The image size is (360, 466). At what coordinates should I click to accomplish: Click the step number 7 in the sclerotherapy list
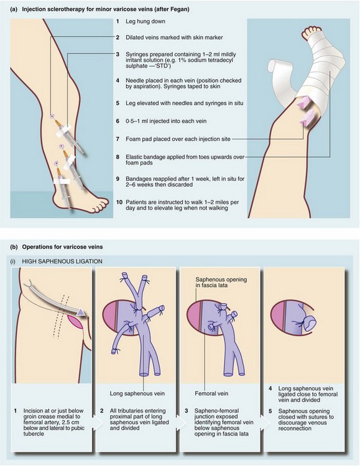(118, 139)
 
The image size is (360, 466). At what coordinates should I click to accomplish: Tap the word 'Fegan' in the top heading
(180, 9)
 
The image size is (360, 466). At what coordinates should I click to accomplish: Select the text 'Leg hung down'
(145, 21)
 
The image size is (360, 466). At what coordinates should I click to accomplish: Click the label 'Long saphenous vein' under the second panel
(137, 393)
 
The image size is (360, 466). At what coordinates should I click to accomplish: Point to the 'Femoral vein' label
(211, 393)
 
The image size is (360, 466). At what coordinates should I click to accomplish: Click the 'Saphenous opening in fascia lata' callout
(221, 282)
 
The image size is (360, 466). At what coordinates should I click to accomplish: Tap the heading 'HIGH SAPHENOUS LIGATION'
(62, 262)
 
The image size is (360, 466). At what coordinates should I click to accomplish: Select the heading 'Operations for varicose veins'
(62, 247)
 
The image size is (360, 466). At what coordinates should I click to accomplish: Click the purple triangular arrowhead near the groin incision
(80, 312)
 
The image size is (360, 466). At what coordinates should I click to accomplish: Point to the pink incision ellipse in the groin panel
(75, 322)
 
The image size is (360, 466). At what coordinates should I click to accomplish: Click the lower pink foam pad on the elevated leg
(308, 119)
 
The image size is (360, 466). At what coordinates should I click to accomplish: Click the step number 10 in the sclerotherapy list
(119, 203)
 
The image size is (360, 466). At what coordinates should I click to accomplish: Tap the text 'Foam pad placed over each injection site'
(178, 139)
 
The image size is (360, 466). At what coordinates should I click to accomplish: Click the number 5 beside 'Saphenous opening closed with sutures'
(270, 411)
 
